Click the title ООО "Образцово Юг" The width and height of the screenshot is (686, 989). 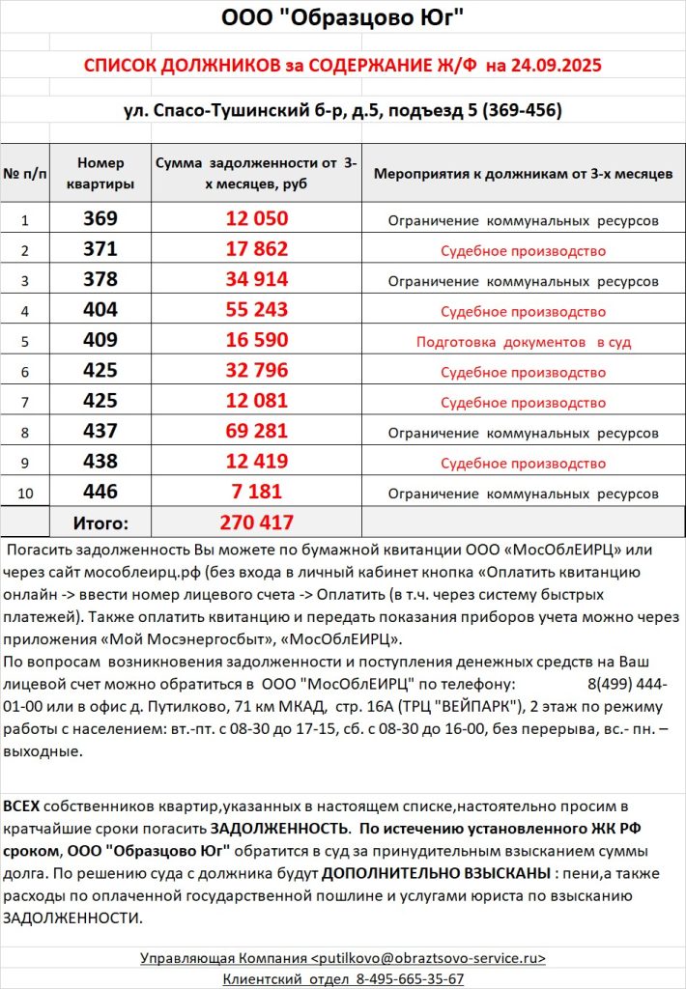click(x=342, y=18)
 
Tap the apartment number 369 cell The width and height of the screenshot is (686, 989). click(x=100, y=219)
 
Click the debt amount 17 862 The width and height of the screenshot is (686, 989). click(x=256, y=249)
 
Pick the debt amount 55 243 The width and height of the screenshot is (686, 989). click(x=256, y=310)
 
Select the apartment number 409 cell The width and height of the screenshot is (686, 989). click(x=100, y=341)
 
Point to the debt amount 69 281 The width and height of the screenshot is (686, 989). click(x=256, y=432)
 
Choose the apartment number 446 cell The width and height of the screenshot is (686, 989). click(x=100, y=493)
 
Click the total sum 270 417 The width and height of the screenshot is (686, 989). click(x=256, y=523)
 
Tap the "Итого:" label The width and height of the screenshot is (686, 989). click(x=100, y=523)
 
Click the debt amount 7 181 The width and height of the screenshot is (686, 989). click(x=256, y=493)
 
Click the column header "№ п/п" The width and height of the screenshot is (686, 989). click(x=25, y=175)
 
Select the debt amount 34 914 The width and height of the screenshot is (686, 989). click(x=256, y=280)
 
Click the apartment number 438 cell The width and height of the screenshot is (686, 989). click(x=100, y=462)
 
